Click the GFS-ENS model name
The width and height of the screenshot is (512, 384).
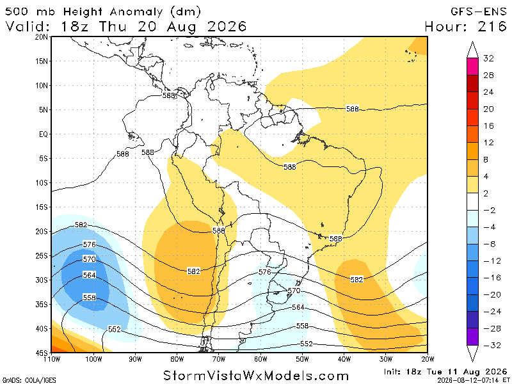pyautogui.click(x=478, y=12)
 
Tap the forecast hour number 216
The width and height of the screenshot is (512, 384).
pyautogui.click(x=492, y=26)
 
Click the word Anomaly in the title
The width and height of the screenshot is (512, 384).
pyautogui.click(x=136, y=12)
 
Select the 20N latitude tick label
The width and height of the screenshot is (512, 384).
pyautogui.click(x=42, y=37)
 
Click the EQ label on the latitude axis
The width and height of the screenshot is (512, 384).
pyautogui.click(x=44, y=134)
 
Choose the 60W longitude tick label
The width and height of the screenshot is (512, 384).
pyautogui.click(x=260, y=359)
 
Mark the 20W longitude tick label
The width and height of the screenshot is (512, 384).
pyautogui.click(x=428, y=359)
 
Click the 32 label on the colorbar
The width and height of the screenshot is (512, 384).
pyautogui.click(x=488, y=58)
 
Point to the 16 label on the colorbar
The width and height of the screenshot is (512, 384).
pyautogui.click(x=488, y=125)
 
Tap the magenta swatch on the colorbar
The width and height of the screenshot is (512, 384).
pyautogui.click(x=472, y=67)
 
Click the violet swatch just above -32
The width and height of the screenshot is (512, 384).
pyautogui.click(x=472, y=337)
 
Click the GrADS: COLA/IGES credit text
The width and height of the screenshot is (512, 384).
pyautogui.click(x=29, y=380)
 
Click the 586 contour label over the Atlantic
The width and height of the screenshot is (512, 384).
pyautogui.click(x=353, y=109)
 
